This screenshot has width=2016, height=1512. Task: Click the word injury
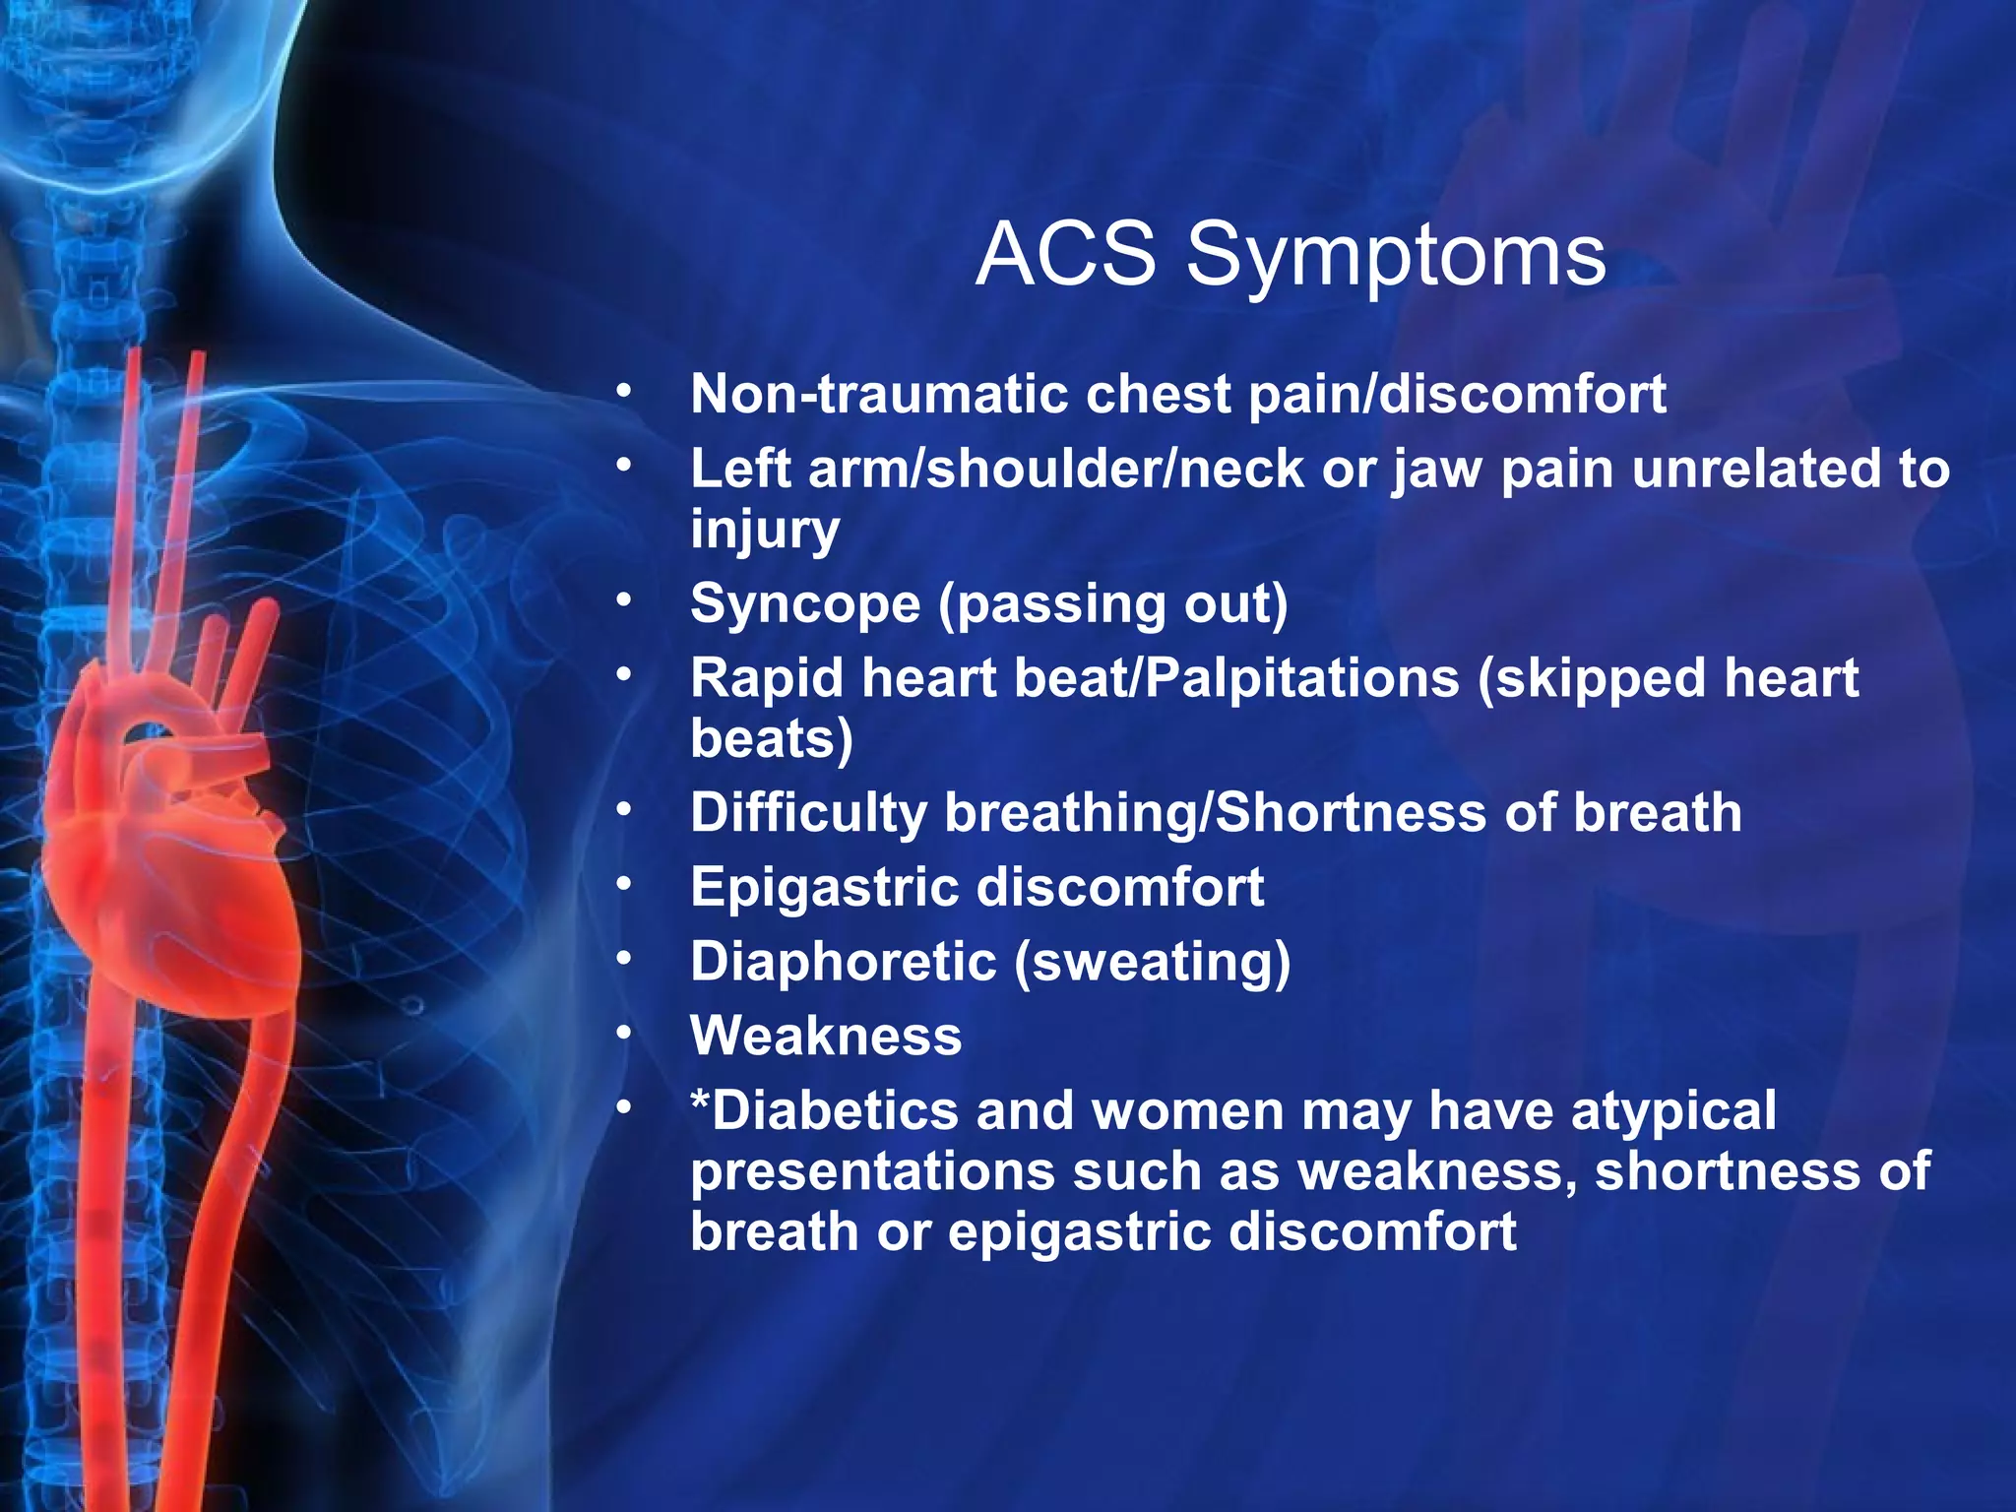pos(765,531)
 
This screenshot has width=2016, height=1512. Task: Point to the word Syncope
pos(804,603)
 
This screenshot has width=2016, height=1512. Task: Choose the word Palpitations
pos(1302,678)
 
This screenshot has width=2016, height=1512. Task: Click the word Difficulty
pos(807,813)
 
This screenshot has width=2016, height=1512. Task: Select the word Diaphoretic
pos(843,962)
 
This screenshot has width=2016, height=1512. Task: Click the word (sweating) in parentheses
pos(1152,963)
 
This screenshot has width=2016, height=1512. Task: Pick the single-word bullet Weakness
pos(826,1037)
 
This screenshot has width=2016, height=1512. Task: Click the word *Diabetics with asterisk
pos(823,1111)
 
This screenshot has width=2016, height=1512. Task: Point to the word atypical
pos(1672,1112)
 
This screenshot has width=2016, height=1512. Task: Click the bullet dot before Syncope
pos(623,599)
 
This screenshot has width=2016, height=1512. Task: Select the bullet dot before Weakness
pos(623,1033)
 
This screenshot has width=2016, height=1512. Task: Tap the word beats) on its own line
pos(772,738)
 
